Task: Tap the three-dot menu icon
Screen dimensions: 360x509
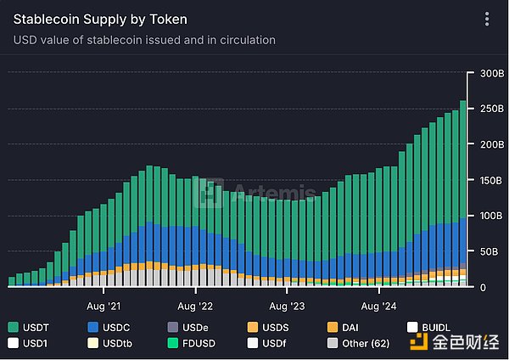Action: tap(486, 19)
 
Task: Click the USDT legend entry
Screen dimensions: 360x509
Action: tap(31, 327)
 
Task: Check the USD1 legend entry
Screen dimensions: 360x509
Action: tap(31, 344)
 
